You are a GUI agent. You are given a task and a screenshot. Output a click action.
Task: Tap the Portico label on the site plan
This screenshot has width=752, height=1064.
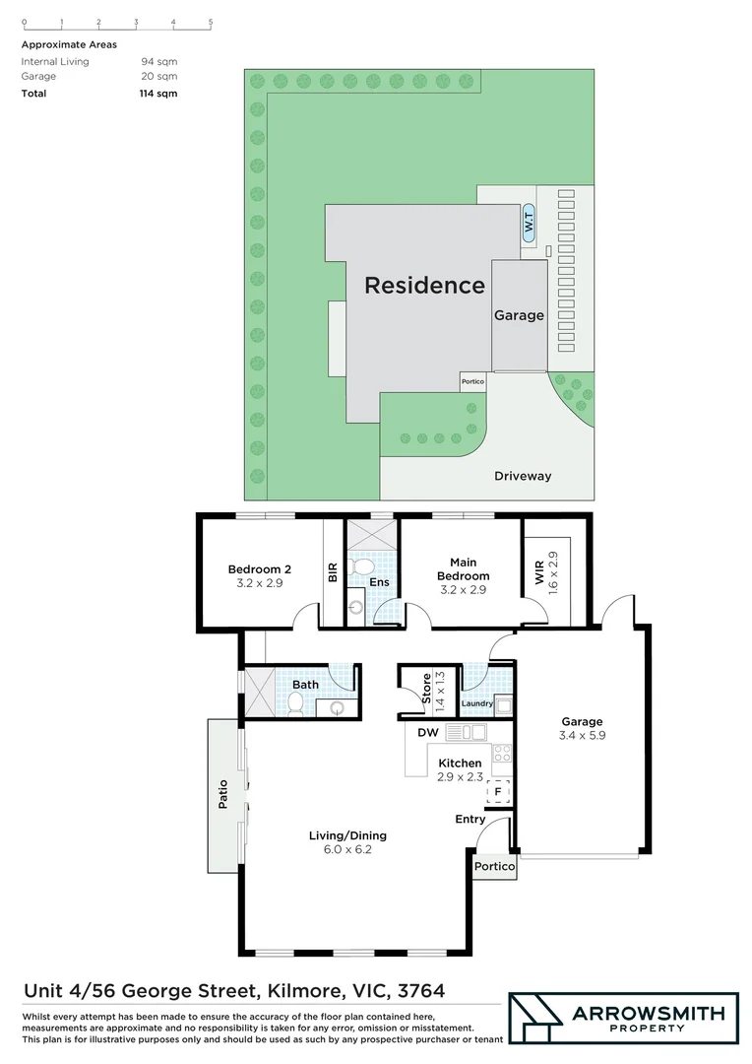[472, 381]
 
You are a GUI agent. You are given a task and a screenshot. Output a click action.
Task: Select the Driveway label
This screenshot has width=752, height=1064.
[523, 476]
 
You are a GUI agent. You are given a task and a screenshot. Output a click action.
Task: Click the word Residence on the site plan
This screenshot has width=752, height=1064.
[424, 286]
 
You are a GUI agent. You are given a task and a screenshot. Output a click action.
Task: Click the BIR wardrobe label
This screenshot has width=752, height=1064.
[333, 573]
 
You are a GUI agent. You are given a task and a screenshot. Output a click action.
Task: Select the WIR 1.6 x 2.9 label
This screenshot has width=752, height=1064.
[546, 570]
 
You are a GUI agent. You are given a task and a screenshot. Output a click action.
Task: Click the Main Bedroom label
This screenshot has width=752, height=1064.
[463, 575]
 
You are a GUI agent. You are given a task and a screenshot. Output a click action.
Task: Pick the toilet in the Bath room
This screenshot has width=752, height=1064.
[294, 703]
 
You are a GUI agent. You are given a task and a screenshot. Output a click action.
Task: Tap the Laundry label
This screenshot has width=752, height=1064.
[476, 703]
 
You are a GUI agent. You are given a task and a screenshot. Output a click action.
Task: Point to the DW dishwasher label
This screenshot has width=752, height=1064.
[427, 733]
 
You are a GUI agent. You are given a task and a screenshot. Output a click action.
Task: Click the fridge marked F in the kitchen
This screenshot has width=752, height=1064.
[498, 791]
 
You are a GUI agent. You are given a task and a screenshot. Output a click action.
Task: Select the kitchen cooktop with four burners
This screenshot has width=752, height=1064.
[501, 754]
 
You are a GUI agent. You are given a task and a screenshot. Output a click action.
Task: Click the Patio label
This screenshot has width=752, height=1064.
[223, 794]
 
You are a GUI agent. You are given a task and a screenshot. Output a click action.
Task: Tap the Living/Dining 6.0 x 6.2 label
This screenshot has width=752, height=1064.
[348, 842]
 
